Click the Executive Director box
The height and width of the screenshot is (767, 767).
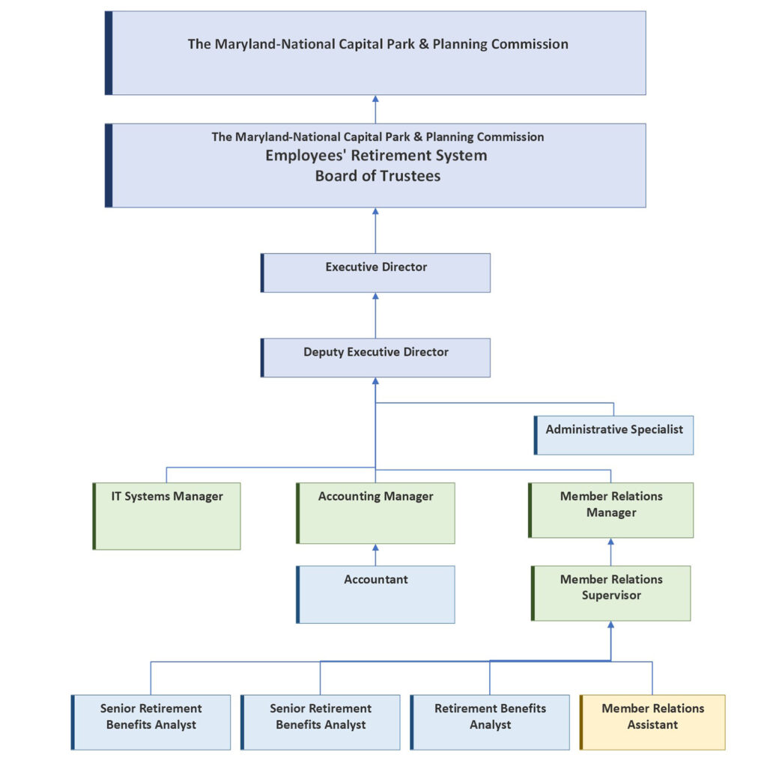(x=376, y=273)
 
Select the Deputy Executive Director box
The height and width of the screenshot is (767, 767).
(x=376, y=357)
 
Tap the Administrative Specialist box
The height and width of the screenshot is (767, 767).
(x=614, y=435)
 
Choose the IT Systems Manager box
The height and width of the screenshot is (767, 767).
(x=167, y=516)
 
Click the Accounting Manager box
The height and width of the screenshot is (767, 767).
(x=376, y=513)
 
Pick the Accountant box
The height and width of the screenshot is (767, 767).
(x=376, y=594)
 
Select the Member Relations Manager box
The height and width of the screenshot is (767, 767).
(x=611, y=510)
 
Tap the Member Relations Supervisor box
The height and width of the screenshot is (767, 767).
(x=611, y=593)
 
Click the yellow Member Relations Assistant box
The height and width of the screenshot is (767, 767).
(x=652, y=722)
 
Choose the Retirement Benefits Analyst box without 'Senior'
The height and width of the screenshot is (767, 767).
(x=490, y=722)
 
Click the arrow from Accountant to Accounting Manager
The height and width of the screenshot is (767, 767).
(x=376, y=554)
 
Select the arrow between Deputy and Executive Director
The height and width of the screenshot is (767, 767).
(x=376, y=315)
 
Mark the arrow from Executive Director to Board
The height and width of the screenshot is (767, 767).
(x=376, y=231)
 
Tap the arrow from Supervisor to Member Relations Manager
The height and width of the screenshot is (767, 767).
(x=611, y=551)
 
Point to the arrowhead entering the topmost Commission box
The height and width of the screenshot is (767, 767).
(x=376, y=99)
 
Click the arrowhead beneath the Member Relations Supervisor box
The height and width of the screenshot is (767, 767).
(x=611, y=625)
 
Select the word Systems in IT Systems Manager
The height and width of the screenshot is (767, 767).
(x=148, y=497)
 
